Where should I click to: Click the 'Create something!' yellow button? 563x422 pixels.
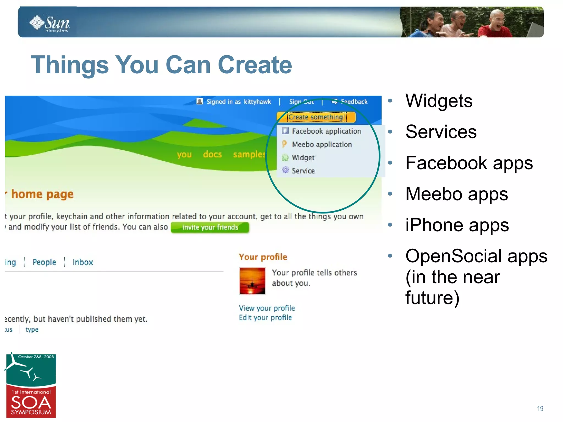tap(316, 117)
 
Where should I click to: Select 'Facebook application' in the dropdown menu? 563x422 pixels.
tap(326, 131)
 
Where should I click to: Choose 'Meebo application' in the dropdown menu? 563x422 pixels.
tap(322, 144)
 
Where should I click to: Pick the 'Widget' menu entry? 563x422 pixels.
tap(303, 157)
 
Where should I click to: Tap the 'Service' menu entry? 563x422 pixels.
tap(303, 171)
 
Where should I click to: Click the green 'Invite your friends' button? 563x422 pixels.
tap(210, 227)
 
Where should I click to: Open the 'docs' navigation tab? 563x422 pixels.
tap(212, 154)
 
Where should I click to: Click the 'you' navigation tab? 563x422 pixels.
tap(184, 154)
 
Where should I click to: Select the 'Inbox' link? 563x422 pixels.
tap(82, 262)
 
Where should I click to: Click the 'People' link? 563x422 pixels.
tap(44, 262)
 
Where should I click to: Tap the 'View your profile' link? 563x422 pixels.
tap(267, 308)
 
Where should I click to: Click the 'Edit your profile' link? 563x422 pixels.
tap(265, 317)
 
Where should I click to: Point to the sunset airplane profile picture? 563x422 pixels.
tap(252, 281)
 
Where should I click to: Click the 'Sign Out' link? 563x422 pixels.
tap(301, 102)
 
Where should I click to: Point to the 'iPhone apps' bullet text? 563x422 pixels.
tap(457, 225)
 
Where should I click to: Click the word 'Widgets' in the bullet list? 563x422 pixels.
tap(439, 101)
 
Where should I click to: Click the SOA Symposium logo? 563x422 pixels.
tap(31, 386)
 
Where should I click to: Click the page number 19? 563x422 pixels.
tap(540, 409)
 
